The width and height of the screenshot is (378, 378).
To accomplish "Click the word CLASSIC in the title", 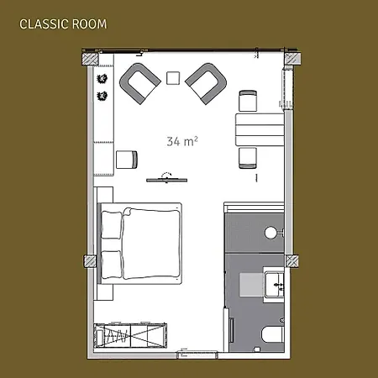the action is click(45, 24).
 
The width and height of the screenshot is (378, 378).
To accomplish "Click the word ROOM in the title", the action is click(90, 24).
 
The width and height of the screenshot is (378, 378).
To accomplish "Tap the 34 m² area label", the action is click(182, 141).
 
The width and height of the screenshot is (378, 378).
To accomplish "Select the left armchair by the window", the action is click(139, 83).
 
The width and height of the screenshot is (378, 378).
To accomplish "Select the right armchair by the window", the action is click(207, 83).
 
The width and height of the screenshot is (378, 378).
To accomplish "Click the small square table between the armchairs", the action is click(173, 78).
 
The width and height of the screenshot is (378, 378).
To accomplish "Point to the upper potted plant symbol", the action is click(102, 79).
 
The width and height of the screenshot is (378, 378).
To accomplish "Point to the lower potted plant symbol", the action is click(102, 96).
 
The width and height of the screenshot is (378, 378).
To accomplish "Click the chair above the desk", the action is click(248, 101).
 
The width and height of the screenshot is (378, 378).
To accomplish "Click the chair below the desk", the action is click(248, 158).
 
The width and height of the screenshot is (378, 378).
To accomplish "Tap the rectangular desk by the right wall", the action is click(260, 129).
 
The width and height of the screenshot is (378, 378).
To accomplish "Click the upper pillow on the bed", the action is click(112, 224).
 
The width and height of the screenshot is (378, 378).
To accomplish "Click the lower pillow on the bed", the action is click(112, 265).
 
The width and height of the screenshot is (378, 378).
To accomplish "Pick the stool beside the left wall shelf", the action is click(127, 160).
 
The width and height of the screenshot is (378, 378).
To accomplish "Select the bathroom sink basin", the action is click(275, 285).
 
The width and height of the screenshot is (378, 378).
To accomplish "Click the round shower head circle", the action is click(270, 233).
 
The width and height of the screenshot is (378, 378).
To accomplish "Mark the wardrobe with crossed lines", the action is click(130, 335).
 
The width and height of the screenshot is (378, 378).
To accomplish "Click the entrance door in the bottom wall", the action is click(197, 354).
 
